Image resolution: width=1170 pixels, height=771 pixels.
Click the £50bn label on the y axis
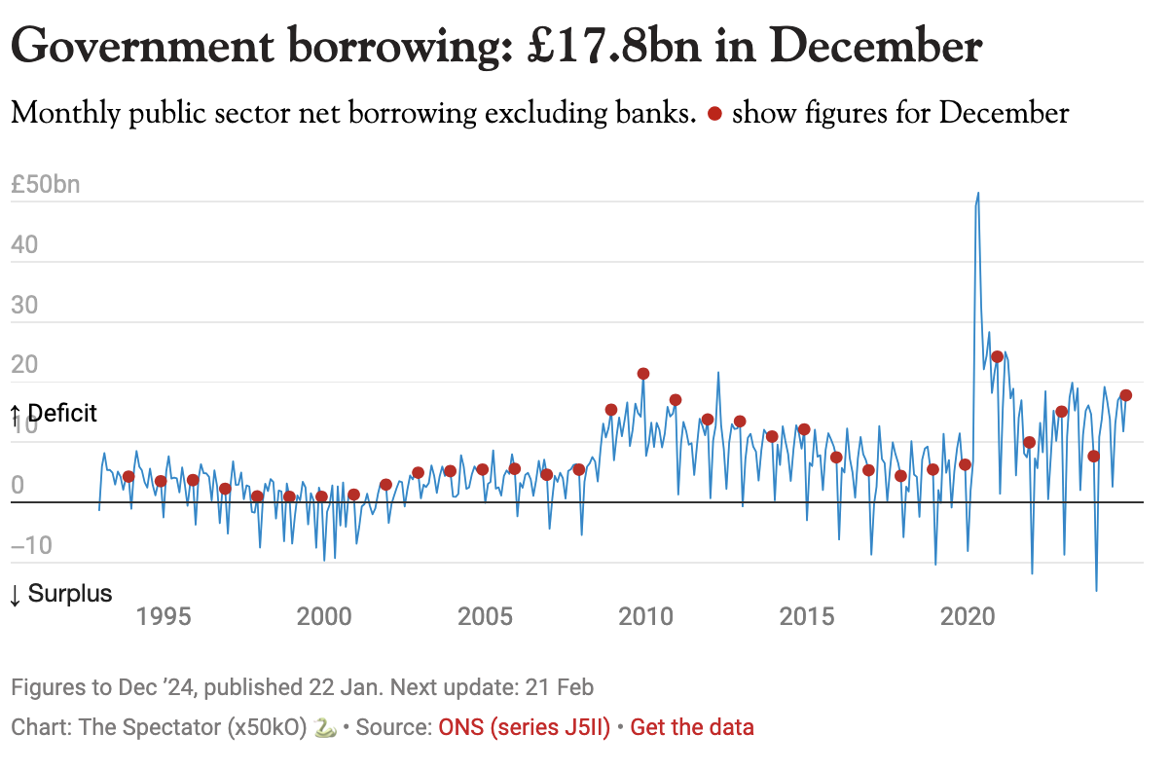pos(45,185)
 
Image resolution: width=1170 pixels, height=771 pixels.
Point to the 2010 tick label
pos(644,617)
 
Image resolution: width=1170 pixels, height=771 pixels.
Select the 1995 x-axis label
pos(162,617)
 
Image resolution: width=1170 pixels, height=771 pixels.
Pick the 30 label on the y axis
pos(26,305)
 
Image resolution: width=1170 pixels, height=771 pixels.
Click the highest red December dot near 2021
pos(997,356)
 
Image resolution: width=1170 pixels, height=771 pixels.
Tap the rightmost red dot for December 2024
pos(1126,395)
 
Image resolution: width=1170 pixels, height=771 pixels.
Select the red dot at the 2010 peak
pos(643,374)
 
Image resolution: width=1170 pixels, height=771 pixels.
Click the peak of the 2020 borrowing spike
pos(978,193)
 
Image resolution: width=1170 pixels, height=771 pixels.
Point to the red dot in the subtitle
pos(714,114)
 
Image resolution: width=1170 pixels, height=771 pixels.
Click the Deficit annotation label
pos(55,414)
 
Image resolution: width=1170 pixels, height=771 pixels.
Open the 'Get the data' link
pos(692,727)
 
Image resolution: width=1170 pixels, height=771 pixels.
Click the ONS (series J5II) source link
pos(525,727)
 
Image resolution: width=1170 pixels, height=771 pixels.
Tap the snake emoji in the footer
pos(326,727)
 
